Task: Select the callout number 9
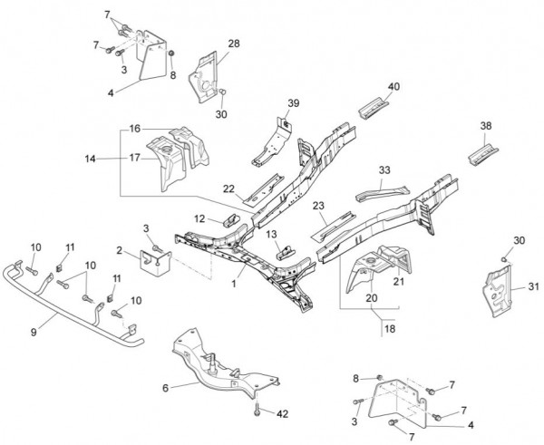click(x=34, y=333)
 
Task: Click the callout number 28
click(x=233, y=44)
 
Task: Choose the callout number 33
click(x=384, y=169)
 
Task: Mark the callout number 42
click(x=282, y=413)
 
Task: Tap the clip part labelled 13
click(x=286, y=249)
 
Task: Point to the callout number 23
click(x=319, y=206)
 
